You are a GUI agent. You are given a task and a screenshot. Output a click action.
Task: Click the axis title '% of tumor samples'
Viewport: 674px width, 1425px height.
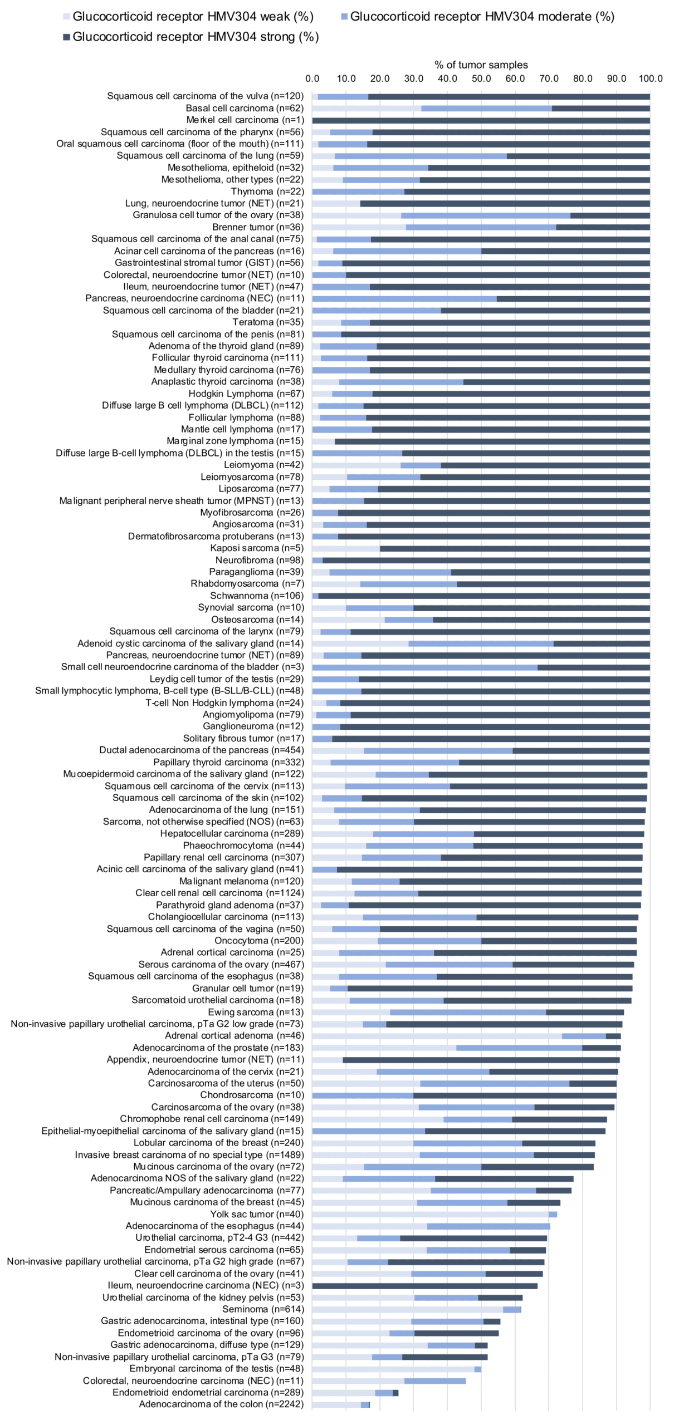click(481, 65)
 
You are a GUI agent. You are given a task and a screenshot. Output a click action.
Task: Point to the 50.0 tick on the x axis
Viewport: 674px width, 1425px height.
click(481, 78)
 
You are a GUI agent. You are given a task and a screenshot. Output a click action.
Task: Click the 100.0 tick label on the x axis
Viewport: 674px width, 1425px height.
click(650, 78)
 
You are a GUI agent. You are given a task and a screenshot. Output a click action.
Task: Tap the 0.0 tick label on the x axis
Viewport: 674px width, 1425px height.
click(312, 78)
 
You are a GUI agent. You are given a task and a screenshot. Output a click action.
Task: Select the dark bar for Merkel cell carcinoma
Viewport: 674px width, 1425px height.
click(481, 120)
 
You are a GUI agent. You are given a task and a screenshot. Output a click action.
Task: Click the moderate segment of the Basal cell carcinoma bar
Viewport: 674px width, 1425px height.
click(486, 108)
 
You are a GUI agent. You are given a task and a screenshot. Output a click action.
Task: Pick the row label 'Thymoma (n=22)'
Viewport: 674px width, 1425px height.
click(267, 191)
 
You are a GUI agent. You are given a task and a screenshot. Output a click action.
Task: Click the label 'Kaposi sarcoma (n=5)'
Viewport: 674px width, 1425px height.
click(257, 548)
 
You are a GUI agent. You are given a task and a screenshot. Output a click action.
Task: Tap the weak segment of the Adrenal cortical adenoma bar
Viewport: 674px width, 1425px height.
click(437, 1036)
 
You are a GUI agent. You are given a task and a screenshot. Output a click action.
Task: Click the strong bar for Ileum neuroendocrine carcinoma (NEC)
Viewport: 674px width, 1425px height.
click(424, 1286)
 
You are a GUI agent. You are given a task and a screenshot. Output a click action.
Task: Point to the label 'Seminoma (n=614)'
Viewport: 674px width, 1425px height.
click(263, 1309)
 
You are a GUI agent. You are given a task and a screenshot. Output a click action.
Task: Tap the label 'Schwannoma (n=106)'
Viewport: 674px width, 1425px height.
click(257, 596)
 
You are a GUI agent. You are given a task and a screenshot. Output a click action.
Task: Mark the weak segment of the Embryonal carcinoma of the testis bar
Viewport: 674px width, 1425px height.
click(393, 1369)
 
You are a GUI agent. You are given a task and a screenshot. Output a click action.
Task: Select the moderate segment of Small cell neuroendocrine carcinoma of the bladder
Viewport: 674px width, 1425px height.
click(424, 667)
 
